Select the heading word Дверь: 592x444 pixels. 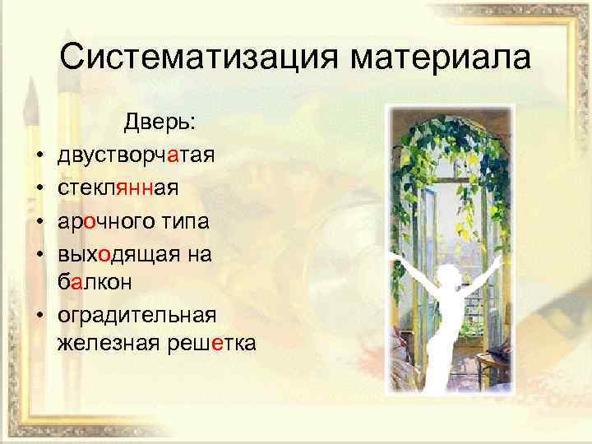pos(160,122)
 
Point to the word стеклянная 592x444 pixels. pos(118,188)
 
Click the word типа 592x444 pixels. pos(187,222)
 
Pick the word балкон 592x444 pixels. pos(97,284)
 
